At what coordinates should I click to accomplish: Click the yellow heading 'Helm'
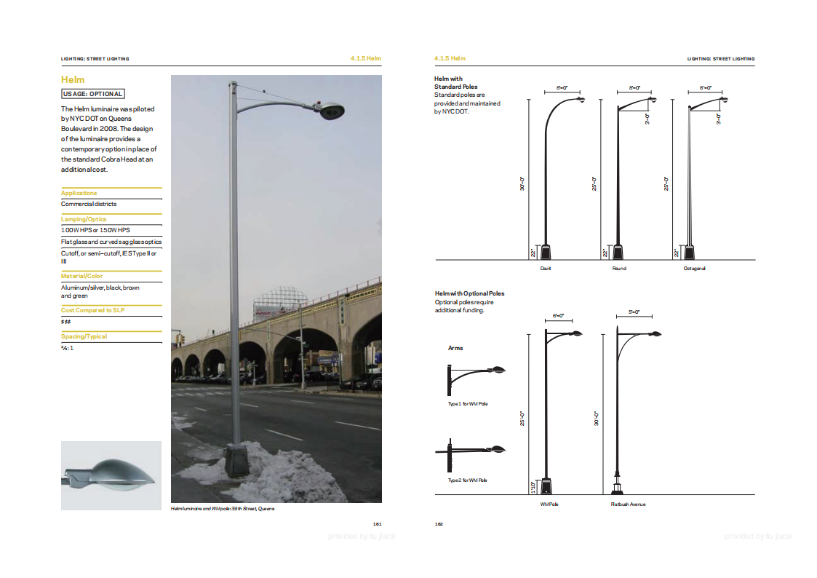73,79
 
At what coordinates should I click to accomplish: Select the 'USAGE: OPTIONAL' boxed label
92,94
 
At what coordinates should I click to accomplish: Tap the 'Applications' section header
79,193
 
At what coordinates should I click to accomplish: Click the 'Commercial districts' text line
89,204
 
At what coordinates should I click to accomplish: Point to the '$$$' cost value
65,321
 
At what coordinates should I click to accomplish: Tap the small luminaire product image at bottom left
111,475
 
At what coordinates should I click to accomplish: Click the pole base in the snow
236,459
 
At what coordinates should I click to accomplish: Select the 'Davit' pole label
546,268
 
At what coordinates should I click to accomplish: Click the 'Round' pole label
619,268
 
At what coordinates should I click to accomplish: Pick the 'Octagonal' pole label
694,268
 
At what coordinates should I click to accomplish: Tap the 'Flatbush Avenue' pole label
628,504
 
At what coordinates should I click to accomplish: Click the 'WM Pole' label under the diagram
549,504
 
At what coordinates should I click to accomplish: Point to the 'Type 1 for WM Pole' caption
467,403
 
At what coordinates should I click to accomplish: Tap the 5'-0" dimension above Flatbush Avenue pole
633,312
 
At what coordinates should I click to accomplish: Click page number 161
377,523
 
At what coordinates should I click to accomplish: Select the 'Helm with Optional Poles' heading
469,293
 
